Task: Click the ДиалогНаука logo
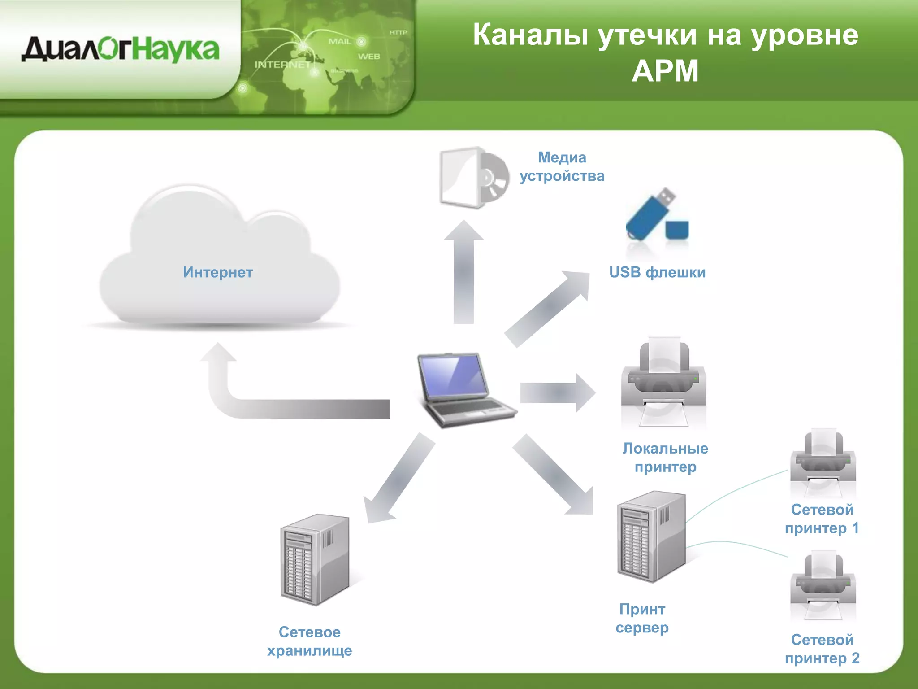pos(120,50)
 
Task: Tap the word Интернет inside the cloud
pos(218,272)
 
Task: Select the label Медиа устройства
pos(562,166)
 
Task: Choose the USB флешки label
pos(657,272)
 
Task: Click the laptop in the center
pos(464,388)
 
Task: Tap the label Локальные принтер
pos(665,458)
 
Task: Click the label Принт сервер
pos(642,618)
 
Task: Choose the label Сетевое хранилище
pos(309,641)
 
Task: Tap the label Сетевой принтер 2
pos(822,649)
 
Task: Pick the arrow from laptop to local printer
pos(556,392)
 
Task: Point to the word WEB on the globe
pos(368,57)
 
